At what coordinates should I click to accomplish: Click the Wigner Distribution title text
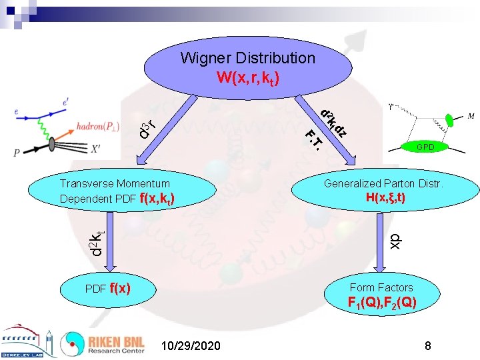tap(247, 58)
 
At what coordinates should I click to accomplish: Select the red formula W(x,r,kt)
tap(247, 77)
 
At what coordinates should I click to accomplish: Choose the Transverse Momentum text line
tap(115, 183)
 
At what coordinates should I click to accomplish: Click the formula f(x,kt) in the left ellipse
tap(157, 198)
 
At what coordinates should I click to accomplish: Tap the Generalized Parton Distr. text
tap(383, 183)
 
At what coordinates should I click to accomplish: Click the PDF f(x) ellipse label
tap(107, 289)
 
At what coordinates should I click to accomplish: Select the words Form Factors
tap(381, 287)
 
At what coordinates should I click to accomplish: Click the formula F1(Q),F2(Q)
tap(382, 303)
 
